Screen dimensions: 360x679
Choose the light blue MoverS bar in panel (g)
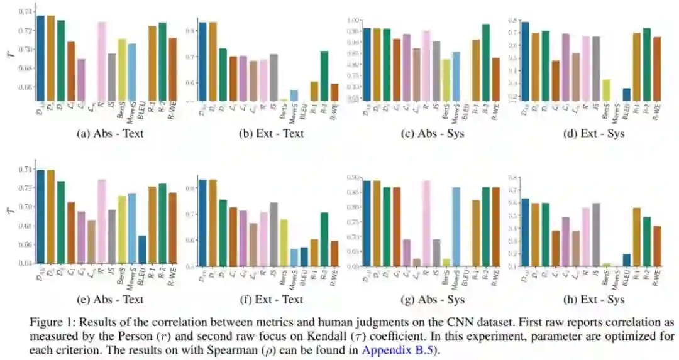point(456,226)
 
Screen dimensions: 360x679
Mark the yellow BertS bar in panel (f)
point(284,242)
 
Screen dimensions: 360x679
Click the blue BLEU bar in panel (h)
point(609,259)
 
